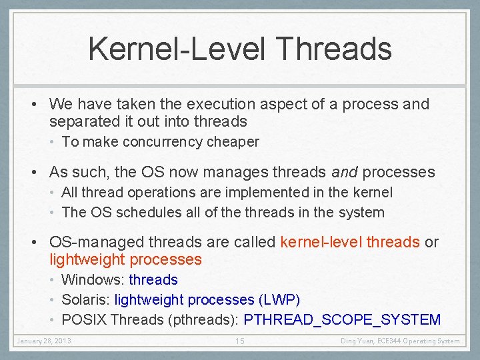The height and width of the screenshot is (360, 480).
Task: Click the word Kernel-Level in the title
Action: pos(175,49)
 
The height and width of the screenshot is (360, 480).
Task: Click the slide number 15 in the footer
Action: pos(240,341)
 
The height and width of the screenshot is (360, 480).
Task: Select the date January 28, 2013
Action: pos(44,341)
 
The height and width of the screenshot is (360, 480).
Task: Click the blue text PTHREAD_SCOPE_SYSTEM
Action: pos(342,320)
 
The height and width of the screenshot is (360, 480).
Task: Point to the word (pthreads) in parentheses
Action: pos(198,320)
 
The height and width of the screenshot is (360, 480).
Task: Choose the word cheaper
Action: pos(233,142)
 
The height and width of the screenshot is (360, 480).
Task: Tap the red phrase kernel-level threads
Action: pos(349,242)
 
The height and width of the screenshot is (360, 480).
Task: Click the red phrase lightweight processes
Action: pos(125,259)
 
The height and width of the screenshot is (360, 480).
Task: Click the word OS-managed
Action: pos(89,242)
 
